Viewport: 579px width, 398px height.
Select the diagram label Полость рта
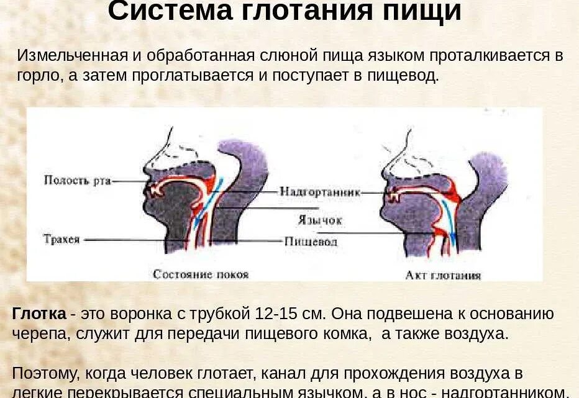click(x=77, y=181)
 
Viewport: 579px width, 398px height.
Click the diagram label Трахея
click(x=62, y=239)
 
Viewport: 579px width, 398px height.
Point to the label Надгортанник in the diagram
click(x=319, y=192)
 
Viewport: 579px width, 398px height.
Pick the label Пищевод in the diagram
click(x=310, y=241)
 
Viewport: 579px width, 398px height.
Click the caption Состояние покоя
click(x=201, y=274)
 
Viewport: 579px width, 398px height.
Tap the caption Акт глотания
click(x=443, y=275)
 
